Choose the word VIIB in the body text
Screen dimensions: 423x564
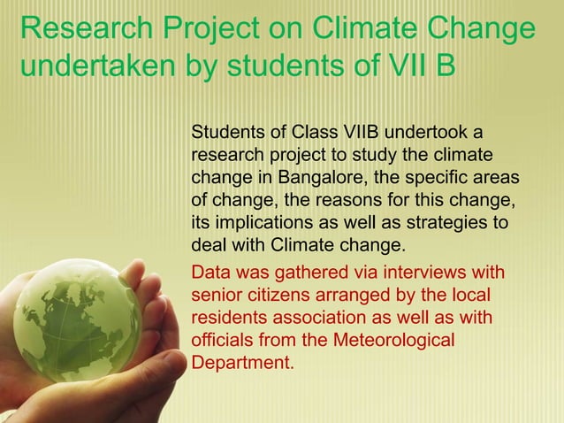[x=351, y=133]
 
